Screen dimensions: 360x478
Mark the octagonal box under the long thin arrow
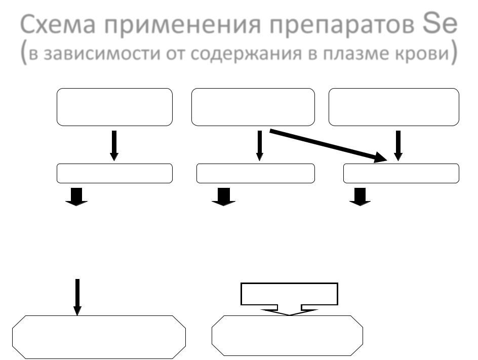tap(99, 336)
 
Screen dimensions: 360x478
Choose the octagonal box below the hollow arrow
tap(287, 336)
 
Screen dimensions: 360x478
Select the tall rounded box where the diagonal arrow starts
tap(253, 107)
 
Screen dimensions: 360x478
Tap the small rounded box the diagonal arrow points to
tap(401, 174)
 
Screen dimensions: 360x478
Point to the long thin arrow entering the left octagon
tap(77, 296)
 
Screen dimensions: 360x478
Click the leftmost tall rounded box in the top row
tap(114, 107)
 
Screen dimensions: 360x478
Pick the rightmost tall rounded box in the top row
tap(394, 107)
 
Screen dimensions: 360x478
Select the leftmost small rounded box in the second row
tap(114, 174)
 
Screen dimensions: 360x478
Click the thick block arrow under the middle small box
tap(223, 196)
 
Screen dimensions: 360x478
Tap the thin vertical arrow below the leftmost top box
tap(114, 145)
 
